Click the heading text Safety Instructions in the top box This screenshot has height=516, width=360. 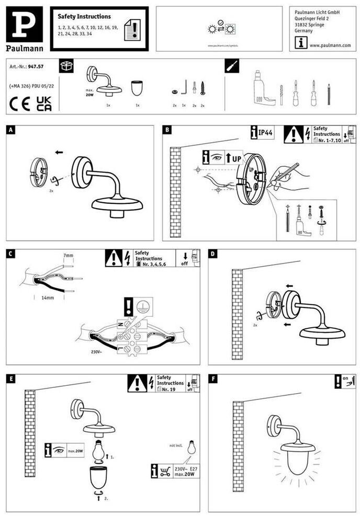tap(84, 17)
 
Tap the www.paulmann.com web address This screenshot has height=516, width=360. tap(330, 45)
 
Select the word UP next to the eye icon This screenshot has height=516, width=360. tap(237, 158)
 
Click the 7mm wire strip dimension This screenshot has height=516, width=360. tap(68, 256)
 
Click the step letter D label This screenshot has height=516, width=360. tap(212, 254)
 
